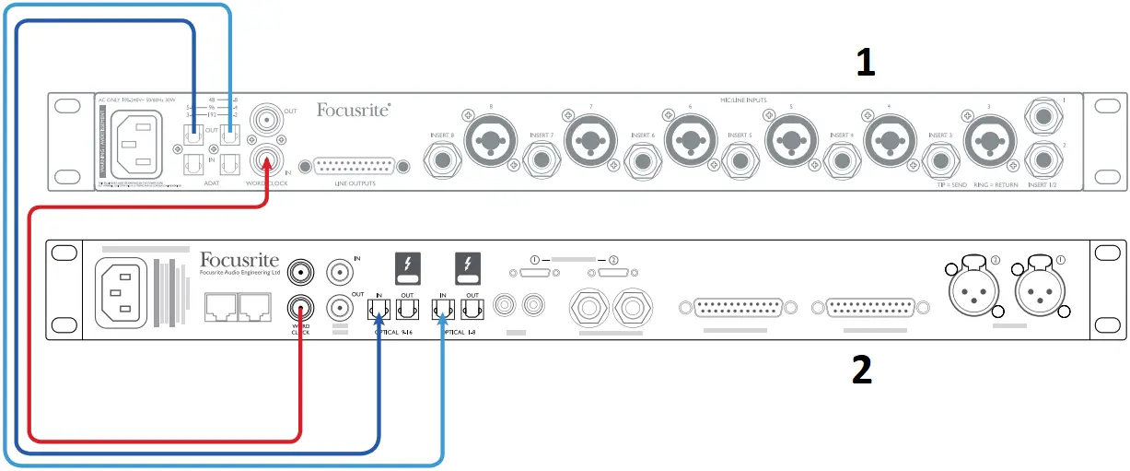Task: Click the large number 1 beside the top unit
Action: tap(865, 63)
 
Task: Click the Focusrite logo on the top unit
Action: tap(353, 112)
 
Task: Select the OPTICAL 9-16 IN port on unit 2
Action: tap(379, 305)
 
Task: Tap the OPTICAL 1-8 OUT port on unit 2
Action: tap(472, 305)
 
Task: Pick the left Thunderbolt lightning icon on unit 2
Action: tap(408, 268)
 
